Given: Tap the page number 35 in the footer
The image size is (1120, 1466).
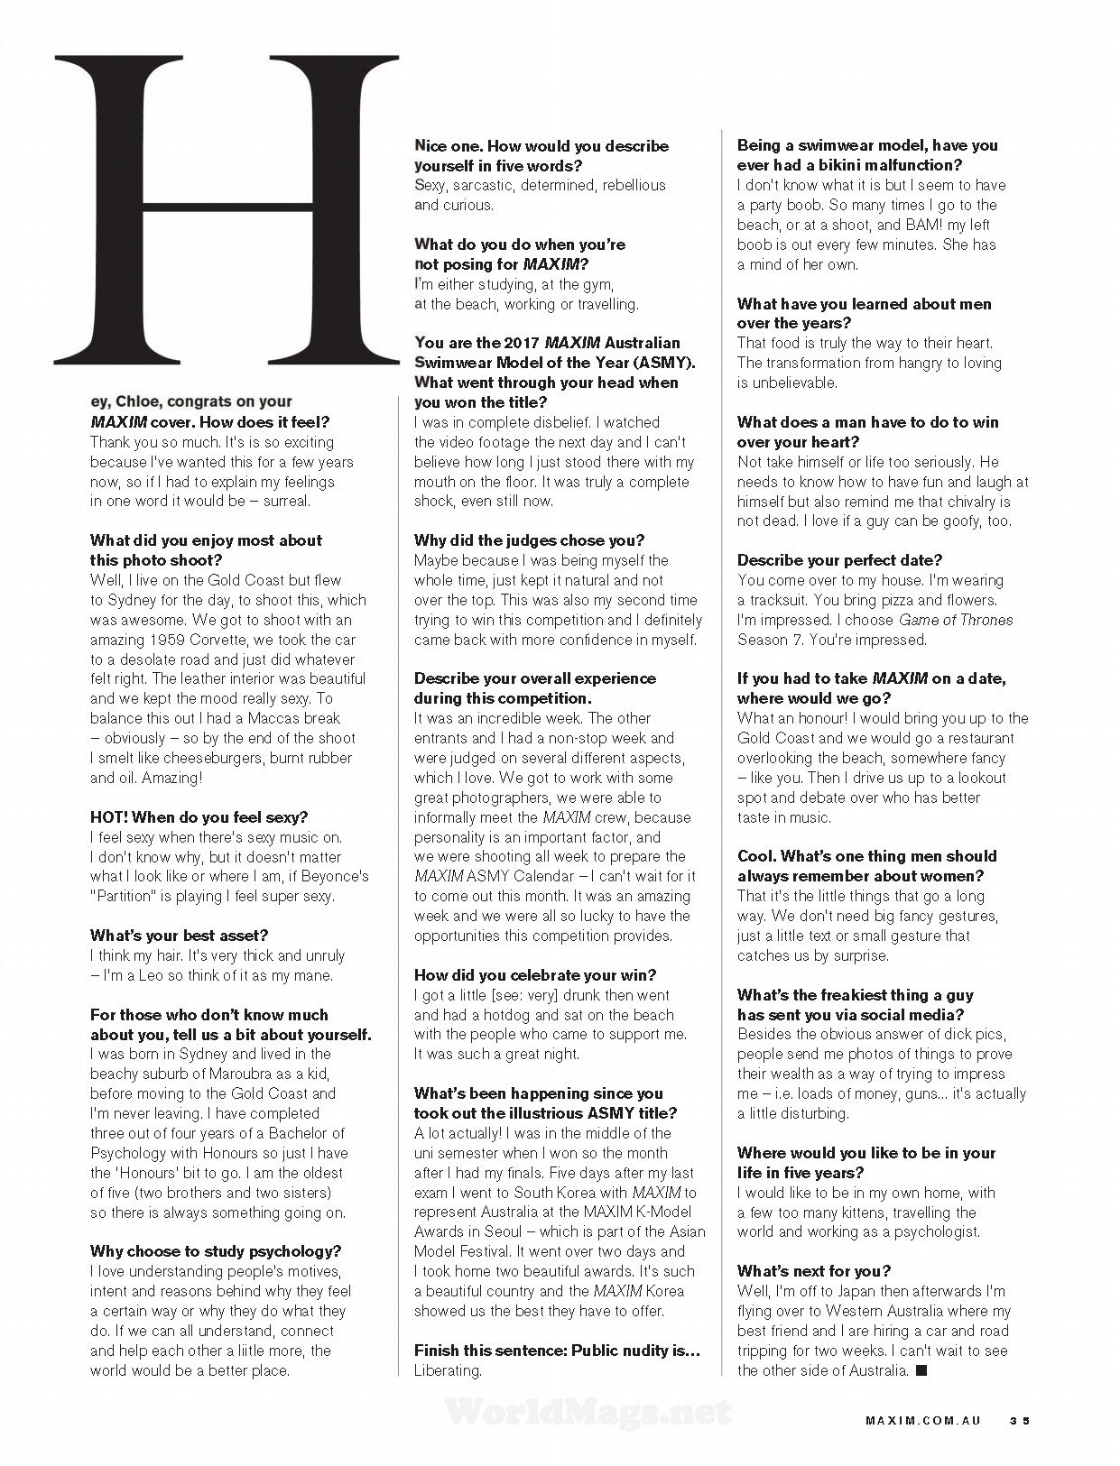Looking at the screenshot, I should [x=1019, y=1420].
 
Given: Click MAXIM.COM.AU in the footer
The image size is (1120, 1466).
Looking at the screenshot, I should [x=924, y=1420].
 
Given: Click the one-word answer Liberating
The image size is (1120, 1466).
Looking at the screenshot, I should [x=449, y=1370].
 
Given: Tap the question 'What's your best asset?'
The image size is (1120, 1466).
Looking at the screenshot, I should [x=179, y=936].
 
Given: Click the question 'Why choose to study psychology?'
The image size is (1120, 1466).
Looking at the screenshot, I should [x=216, y=1251].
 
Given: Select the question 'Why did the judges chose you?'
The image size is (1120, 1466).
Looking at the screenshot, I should [x=529, y=540].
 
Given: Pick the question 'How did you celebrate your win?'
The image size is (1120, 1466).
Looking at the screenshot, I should [x=535, y=975].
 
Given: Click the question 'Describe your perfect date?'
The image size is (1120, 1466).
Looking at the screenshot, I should [x=839, y=560].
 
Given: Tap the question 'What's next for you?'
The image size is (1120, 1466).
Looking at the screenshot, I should [x=814, y=1271].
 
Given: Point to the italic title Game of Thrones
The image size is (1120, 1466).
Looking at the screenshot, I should [x=956, y=620].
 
